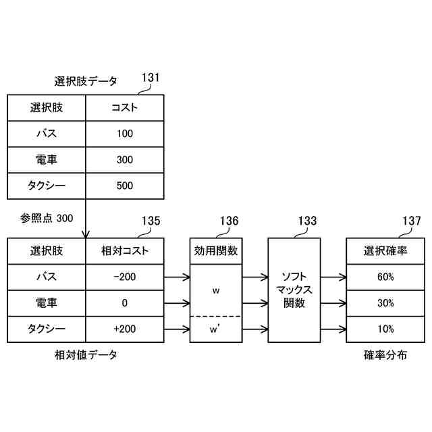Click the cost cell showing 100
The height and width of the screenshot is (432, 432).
click(x=125, y=134)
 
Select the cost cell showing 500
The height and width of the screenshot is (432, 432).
click(x=125, y=186)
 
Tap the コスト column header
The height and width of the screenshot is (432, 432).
click(x=125, y=107)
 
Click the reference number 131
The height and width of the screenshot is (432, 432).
click(x=151, y=78)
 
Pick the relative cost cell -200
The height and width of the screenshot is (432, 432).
click(x=125, y=277)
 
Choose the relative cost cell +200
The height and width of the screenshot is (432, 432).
click(x=125, y=329)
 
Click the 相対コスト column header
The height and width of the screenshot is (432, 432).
click(x=125, y=250)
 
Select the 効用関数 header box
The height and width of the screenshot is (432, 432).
click(x=216, y=250)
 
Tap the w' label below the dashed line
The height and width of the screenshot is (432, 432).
click(x=216, y=330)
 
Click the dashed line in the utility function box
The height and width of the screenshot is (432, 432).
click(x=216, y=317)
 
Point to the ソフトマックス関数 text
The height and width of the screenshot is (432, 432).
click(x=294, y=290)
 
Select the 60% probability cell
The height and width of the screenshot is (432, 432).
click(x=385, y=277)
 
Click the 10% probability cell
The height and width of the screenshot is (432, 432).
click(x=385, y=329)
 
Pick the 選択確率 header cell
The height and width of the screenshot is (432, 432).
click(x=385, y=250)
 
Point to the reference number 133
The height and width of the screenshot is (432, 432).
click(x=307, y=221)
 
